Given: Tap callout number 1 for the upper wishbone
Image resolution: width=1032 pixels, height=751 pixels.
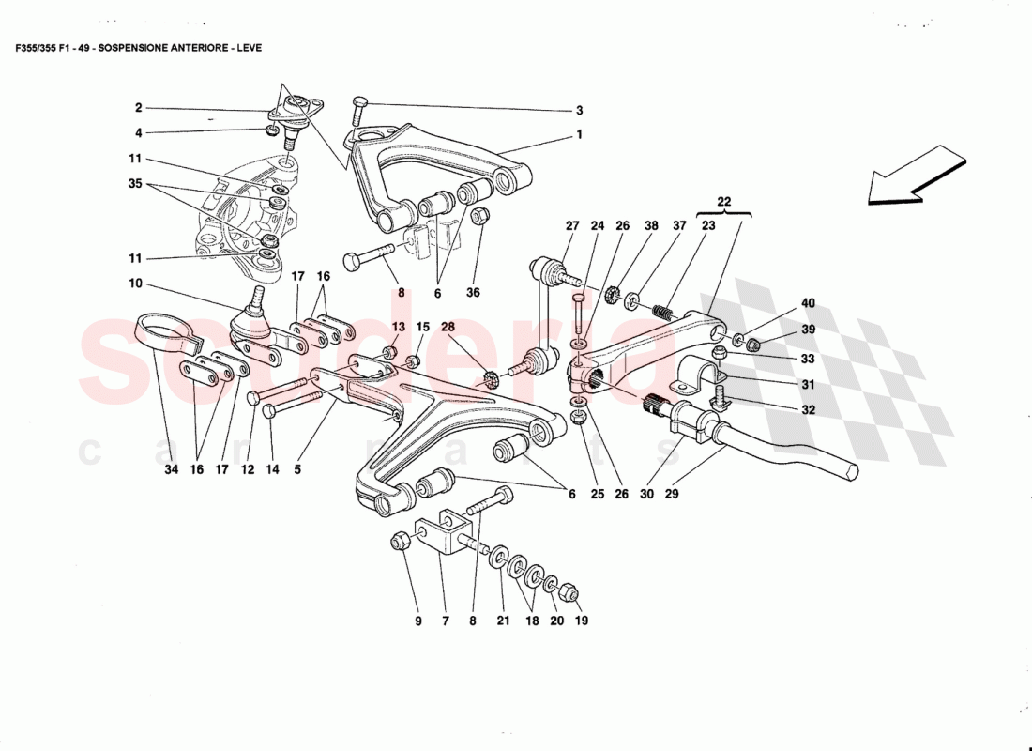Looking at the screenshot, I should [x=580, y=135].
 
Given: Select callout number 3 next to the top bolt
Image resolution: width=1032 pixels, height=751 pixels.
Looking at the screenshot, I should [x=580, y=110].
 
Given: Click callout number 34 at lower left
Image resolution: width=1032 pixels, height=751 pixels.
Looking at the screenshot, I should [x=171, y=469].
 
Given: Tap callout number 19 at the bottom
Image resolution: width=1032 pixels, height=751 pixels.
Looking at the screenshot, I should [x=581, y=621].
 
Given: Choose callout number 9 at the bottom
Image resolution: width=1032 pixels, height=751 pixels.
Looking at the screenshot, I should [x=419, y=621].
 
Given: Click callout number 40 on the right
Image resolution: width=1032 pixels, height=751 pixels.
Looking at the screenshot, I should [x=808, y=302].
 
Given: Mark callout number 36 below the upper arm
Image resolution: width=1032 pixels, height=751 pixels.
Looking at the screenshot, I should [x=474, y=293].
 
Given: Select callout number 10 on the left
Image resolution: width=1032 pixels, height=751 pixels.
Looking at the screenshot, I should [x=135, y=283].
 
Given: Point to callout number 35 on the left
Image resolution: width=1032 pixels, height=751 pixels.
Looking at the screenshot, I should [x=135, y=184].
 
